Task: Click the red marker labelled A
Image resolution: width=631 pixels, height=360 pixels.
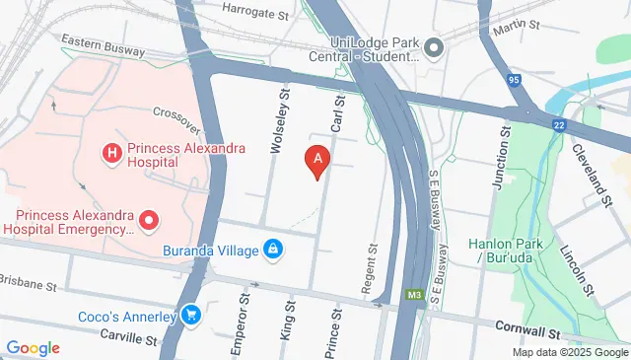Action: (316, 160)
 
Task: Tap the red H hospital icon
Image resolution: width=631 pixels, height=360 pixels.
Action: (112, 153)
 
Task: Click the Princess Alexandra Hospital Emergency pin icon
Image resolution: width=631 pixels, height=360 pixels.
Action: (148, 218)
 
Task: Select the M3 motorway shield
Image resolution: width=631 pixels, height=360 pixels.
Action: (415, 295)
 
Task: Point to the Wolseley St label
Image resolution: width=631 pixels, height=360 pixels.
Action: (279, 121)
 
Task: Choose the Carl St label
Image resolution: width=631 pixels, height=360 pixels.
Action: (337, 113)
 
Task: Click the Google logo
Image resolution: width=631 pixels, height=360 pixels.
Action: (33, 347)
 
